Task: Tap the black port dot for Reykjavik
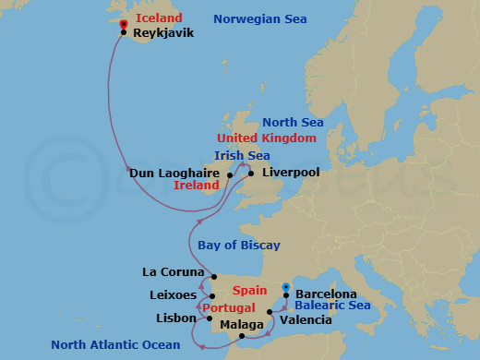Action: click(x=124, y=32)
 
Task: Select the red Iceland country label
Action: click(x=159, y=18)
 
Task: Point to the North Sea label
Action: click(x=294, y=122)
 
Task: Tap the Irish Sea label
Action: click(x=242, y=155)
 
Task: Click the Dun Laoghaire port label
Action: click(x=174, y=173)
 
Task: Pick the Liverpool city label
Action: click(x=291, y=172)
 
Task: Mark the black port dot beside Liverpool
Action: click(x=251, y=173)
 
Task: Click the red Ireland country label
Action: click(x=197, y=185)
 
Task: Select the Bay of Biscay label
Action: click(x=239, y=245)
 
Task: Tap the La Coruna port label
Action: click(x=173, y=272)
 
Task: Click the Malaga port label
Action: click(x=242, y=325)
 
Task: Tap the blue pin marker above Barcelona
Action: click(x=286, y=287)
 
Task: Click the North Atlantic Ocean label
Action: click(x=115, y=344)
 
